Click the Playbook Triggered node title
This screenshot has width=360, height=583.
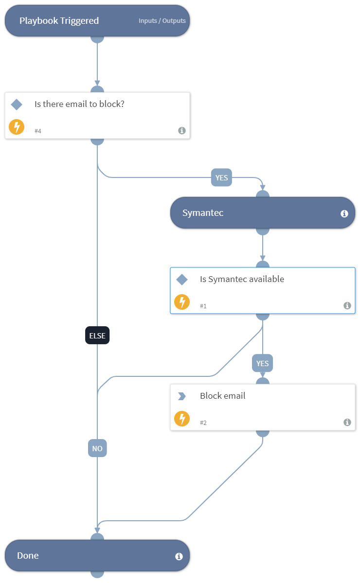[x=59, y=20]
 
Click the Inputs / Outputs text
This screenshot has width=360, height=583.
[x=162, y=21]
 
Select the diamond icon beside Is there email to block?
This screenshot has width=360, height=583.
[x=17, y=104]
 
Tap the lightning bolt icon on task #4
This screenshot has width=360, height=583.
[x=17, y=127]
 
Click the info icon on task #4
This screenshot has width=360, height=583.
[x=181, y=130]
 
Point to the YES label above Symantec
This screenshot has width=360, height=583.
[x=221, y=178]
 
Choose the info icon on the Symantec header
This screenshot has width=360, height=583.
[x=344, y=213]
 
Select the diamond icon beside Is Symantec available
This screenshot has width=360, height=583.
[x=182, y=279]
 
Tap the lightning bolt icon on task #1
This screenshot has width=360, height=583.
[x=182, y=302]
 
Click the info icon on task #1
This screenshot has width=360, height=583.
[x=347, y=305]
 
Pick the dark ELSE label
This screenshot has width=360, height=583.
[x=97, y=336]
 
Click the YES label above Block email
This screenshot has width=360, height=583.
[x=263, y=363]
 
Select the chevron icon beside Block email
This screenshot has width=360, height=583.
[x=182, y=396]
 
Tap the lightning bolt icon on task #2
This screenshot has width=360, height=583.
[x=182, y=419]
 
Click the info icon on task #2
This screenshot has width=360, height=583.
[x=347, y=422]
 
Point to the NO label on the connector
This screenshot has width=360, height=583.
[x=97, y=448]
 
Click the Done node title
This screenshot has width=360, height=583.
[x=28, y=556]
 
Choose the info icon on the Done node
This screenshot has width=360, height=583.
[x=179, y=556]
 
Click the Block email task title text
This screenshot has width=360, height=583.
[x=222, y=396]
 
